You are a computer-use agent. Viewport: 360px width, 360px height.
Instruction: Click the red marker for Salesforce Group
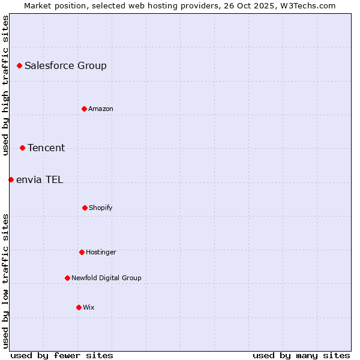[x=19, y=65]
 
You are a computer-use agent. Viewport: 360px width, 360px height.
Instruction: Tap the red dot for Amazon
[x=84, y=109]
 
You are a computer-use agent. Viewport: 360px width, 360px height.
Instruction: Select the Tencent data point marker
[x=22, y=148]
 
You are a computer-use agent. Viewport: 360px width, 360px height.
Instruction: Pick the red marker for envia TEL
[x=11, y=179]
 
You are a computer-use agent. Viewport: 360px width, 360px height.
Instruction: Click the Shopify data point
[x=85, y=208]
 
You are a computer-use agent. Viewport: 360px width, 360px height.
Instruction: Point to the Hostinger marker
[x=82, y=252]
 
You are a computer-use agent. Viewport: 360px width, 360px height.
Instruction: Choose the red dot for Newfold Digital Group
[x=67, y=278]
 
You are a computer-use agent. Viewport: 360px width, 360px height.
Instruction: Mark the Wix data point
[x=79, y=307]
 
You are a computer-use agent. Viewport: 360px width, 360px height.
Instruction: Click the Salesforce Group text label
[x=65, y=65]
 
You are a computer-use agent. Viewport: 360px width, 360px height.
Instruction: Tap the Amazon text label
[x=101, y=109]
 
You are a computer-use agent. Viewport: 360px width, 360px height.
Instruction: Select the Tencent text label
[x=46, y=148]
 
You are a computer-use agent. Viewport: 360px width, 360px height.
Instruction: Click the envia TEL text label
[x=40, y=179]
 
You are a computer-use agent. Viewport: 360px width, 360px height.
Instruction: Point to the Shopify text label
[x=101, y=208]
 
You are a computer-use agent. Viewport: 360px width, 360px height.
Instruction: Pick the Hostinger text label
[x=101, y=252]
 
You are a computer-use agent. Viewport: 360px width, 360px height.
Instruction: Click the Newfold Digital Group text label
[x=106, y=278]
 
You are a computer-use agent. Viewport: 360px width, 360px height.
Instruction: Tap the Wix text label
[x=89, y=307]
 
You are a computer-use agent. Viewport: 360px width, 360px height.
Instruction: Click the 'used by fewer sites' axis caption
[x=62, y=355]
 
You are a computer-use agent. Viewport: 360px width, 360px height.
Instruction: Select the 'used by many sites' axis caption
[x=301, y=355]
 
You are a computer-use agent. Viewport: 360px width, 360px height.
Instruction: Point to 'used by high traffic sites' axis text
[x=5, y=85]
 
